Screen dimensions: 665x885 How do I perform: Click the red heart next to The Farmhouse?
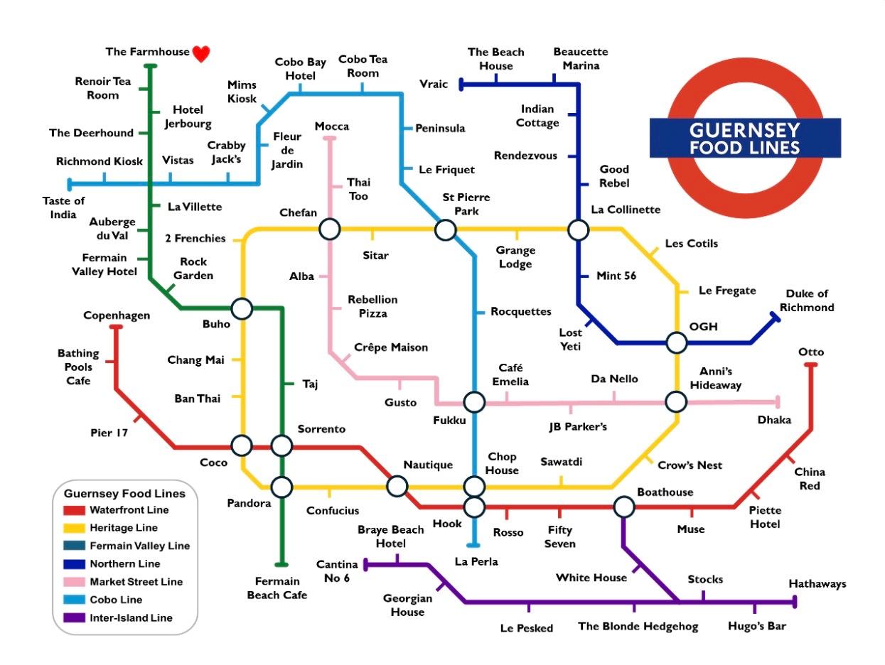[x=201, y=54]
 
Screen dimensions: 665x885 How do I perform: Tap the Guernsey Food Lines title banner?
[x=744, y=139]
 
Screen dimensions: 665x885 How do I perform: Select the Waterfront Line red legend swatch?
[x=74, y=510]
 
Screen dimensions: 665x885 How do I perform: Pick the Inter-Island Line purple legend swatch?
[x=74, y=617]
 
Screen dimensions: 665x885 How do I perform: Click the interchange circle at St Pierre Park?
[x=446, y=229]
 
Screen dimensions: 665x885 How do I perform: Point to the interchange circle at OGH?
[x=676, y=343]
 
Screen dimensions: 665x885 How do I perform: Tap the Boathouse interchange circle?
[x=623, y=507]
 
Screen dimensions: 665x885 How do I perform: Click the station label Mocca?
[x=332, y=126]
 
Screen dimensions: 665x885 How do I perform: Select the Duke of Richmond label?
[x=807, y=301]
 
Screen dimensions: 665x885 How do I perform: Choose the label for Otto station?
[x=811, y=352]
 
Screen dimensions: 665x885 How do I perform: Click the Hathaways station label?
[x=817, y=584]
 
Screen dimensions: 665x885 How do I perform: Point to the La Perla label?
[x=476, y=561]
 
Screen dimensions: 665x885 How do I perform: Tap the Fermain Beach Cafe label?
[x=277, y=588]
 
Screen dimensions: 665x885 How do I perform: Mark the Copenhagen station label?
[x=117, y=315]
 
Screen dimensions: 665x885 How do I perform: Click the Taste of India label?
[x=63, y=207]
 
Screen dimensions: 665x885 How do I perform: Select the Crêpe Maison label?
[x=391, y=347]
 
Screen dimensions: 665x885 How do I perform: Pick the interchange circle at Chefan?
[x=329, y=229]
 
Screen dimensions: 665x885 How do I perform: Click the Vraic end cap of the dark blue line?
[x=461, y=85]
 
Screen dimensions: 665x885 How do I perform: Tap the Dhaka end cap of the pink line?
[x=778, y=401]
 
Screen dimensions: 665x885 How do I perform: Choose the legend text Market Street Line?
[x=136, y=582]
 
